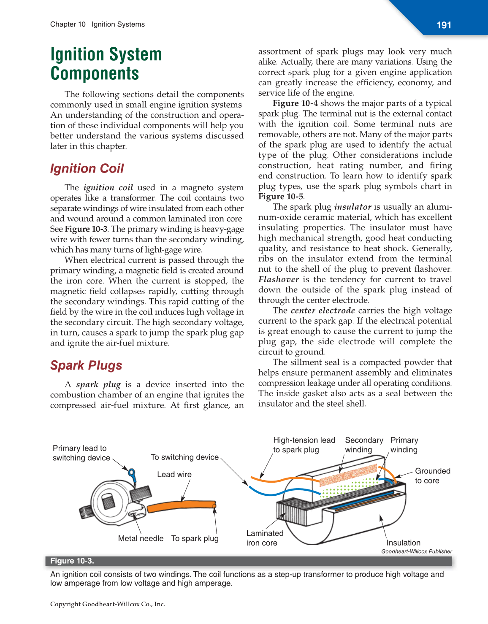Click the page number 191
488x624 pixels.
[444, 25]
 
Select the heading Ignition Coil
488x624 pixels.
[87, 168]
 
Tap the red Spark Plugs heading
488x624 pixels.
[86, 365]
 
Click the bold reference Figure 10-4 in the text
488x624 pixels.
[295, 103]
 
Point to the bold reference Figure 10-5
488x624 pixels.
[281, 197]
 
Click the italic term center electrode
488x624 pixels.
[323, 311]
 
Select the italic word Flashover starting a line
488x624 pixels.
[279, 279]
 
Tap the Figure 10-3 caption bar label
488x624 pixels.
[72, 561]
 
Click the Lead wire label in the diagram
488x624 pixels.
[174, 474]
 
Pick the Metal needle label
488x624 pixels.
[141, 538]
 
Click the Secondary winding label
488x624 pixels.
[364, 445]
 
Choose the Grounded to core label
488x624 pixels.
[432, 475]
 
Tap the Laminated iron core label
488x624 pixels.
[265, 538]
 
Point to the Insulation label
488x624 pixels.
[403, 543]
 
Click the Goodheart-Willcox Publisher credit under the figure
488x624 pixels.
[416, 551]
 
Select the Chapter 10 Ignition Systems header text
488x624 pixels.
[98, 24]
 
